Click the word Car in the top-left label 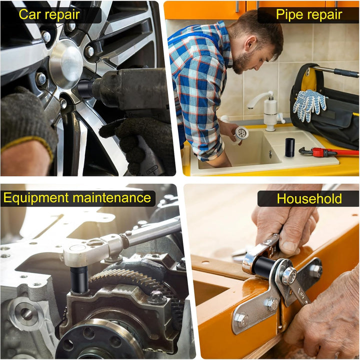[29, 14]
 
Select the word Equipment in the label [36, 198]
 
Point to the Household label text [309, 198]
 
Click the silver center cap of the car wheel [66, 63]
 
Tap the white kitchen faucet [267, 110]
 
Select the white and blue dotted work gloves [309, 104]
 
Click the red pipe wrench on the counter [328, 152]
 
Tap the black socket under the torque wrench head [79, 280]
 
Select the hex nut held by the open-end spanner [289, 275]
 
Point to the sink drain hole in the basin [270, 153]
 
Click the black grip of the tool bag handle [346, 73]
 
